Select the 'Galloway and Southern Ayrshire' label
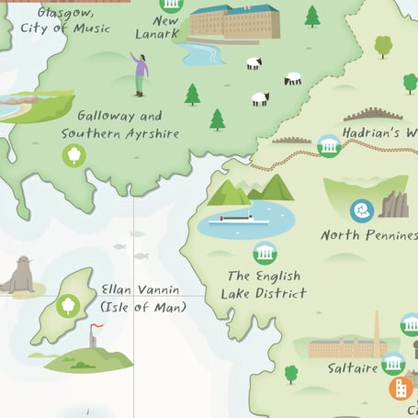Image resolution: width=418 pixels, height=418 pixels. pos(119,124)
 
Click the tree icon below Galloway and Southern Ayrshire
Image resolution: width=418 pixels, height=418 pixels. pos(73,156)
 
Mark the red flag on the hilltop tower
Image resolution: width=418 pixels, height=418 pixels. pos(96,326)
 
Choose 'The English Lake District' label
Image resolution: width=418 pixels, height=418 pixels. pos(263,284)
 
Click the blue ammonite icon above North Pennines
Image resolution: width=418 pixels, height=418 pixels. pos(363,210)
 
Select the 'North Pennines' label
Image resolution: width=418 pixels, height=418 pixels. pos(368,235)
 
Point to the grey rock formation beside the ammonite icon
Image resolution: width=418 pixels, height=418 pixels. pos(395,204)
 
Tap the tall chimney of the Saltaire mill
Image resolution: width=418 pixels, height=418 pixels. pos(376,332)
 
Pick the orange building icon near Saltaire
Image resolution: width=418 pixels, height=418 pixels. pos(401,388)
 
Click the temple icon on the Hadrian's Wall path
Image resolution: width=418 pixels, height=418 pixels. pos(329,145)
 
